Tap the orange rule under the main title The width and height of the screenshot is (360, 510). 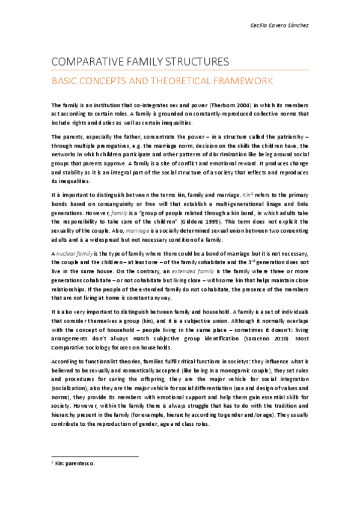(180, 70)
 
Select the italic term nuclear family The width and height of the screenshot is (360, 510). (76, 254)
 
